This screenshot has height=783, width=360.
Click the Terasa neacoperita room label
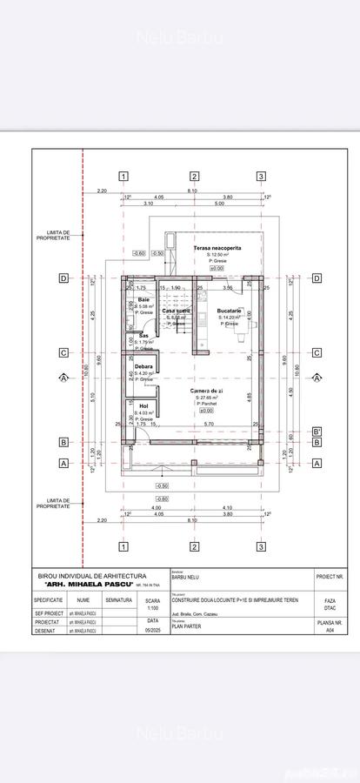pyautogui.click(x=217, y=248)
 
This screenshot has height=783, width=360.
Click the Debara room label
pyautogui.click(x=144, y=367)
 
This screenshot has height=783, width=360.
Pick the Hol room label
pyautogui.click(x=142, y=405)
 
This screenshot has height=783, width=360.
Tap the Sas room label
pyautogui.click(x=143, y=334)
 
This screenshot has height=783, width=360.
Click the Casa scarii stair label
pyautogui.click(x=177, y=311)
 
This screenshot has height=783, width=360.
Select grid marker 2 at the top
pyautogui.click(x=194, y=177)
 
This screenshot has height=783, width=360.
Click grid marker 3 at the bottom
pyautogui.click(x=261, y=546)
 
